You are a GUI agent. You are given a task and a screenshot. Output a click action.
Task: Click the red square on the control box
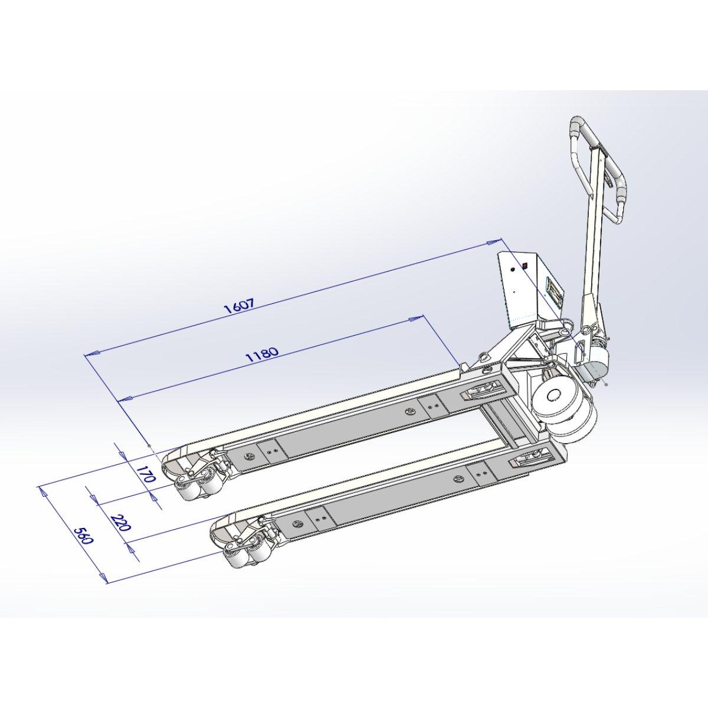click(x=525, y=265)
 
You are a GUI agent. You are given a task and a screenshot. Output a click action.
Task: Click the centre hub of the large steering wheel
click(x=552, y=395)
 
